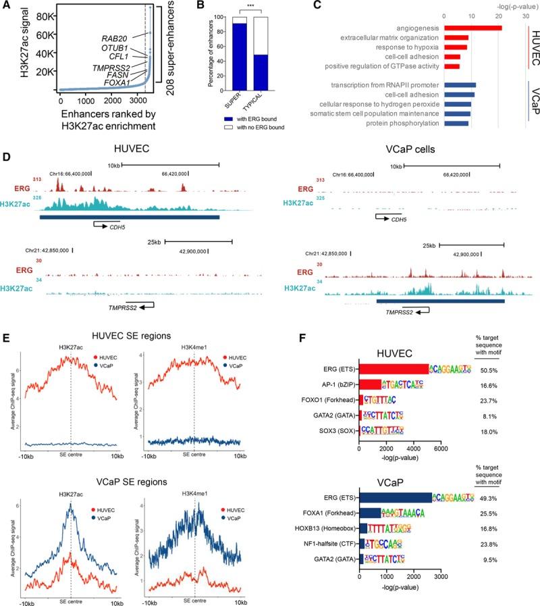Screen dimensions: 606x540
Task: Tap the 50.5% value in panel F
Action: (x=498, y=369)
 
